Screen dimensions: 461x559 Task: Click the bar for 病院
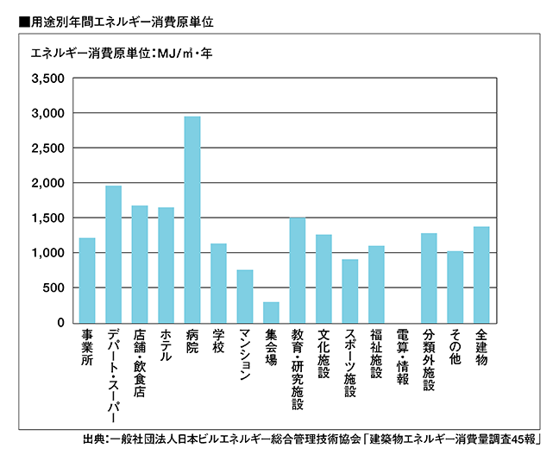click(192, 219)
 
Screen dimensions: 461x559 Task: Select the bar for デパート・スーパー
click(113, 254)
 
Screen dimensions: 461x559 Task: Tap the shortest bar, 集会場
click(271, 312)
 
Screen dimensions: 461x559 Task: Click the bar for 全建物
click(481, 275)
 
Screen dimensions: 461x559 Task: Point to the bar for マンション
click(245, 296)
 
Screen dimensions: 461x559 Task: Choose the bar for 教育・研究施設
click(298, 269)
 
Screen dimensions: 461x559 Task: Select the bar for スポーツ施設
click(350, 290)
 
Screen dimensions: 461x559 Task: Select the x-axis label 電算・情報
click(403, 355)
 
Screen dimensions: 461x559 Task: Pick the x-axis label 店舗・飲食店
click(140, 361)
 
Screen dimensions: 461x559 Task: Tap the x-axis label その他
click(455, 345)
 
